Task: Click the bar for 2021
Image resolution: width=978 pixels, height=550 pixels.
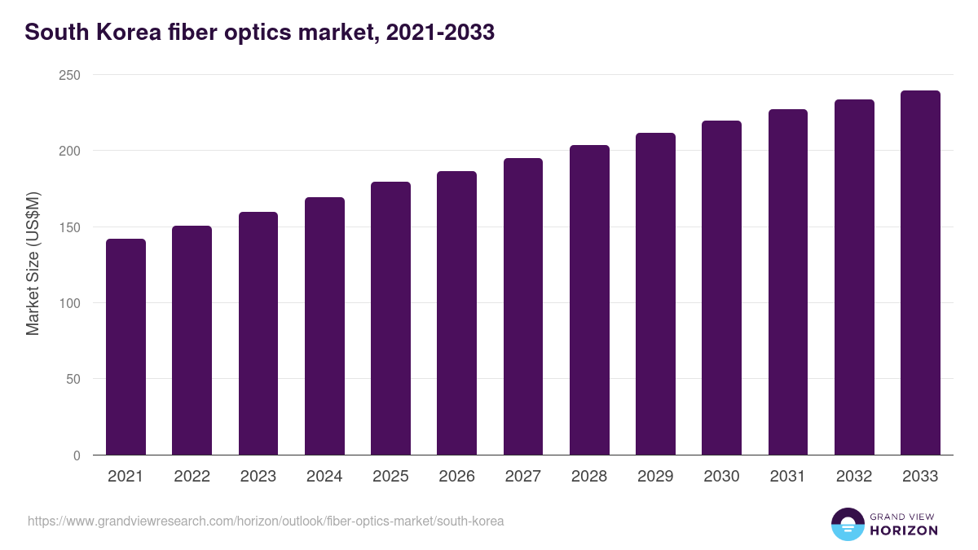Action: pos(126,346)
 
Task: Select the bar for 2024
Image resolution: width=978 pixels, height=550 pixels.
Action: pos(324,326)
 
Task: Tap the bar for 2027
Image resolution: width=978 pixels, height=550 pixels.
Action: pos(522,306)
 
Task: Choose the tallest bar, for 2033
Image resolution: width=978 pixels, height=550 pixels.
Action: pos(920,273)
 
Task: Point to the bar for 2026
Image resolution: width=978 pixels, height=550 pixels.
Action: pos(456,313)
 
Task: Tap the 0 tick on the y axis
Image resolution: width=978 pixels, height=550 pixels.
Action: pos(77,455)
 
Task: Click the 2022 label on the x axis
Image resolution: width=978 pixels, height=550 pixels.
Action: pos(192,477)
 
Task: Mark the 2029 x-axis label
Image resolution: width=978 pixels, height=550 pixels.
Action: pos(655,477)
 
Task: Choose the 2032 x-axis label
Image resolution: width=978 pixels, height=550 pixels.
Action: pos(854,477)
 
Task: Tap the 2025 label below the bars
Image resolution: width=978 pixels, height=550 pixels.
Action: pos(390,477)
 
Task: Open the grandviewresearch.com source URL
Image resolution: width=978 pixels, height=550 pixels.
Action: pos(266,521)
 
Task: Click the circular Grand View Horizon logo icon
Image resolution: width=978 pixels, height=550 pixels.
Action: pos(848,525)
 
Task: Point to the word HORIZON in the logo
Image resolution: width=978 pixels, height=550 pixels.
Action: pos(904,530)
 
